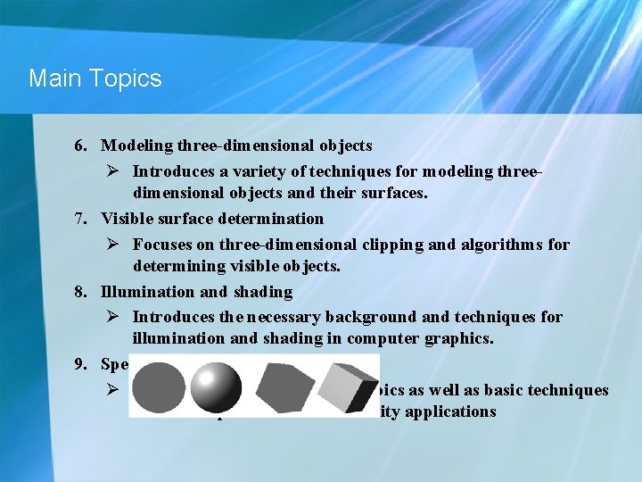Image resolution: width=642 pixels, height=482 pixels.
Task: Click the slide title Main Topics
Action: (95, 79)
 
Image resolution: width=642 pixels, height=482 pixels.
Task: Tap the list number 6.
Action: (80, 145)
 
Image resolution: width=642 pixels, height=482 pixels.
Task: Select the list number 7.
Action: (80, 218)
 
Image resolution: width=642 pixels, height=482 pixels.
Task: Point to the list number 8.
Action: (80, 291)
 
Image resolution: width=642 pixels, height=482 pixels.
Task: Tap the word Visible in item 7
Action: (124, 218)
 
